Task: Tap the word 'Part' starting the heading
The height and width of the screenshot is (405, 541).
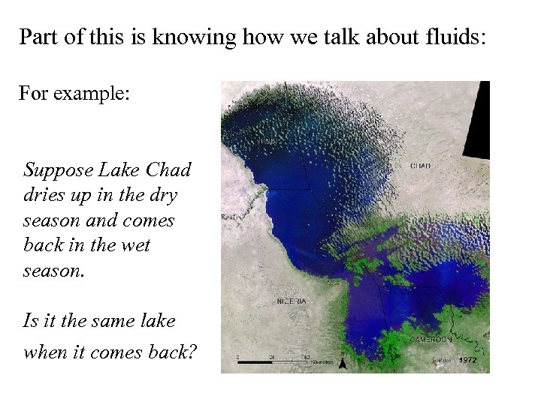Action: click(37, 37)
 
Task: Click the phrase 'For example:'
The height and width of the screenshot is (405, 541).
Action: click(74, 95)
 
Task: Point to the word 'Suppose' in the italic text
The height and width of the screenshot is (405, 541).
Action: click(57, 169)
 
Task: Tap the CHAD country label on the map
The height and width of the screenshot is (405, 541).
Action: click(421, 166)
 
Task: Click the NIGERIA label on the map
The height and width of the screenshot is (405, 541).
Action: click(292, 301)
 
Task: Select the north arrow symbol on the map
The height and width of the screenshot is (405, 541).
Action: click(342, 363)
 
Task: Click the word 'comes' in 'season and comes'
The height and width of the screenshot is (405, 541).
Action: click(150, 220)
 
